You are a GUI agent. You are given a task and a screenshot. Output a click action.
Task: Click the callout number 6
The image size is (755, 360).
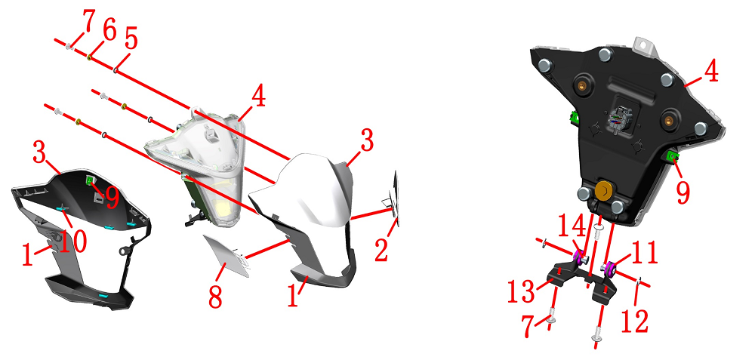(x=109, y=32)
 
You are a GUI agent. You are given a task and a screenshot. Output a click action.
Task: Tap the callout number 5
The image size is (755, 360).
(x=130, y=38)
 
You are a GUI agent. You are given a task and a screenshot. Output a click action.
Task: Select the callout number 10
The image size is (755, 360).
(x=72, y=240)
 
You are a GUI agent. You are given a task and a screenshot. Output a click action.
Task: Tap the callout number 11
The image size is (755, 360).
(x=643, y=252)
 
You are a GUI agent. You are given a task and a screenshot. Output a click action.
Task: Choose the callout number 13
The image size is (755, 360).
(x=522, y=291)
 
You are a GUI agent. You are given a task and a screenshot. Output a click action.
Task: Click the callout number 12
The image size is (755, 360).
(x=636, y=322)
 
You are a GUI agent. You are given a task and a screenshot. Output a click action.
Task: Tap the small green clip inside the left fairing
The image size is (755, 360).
(x=90, y=180)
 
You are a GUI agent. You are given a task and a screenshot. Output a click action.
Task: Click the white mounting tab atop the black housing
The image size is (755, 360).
(x=645, y=46)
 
